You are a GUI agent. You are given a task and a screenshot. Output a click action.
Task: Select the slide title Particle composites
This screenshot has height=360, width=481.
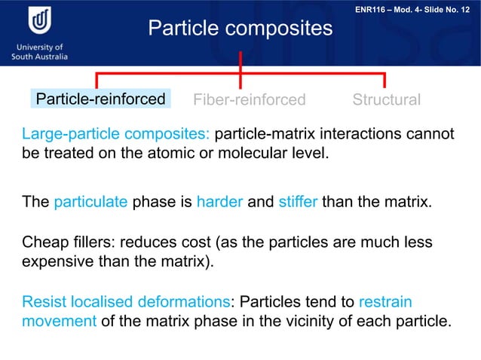coord(240,29)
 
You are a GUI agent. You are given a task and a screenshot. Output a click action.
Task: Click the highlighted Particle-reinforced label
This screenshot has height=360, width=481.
coord(101,99)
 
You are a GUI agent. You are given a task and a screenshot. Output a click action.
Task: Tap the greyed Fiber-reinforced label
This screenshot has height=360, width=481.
coord(250,100)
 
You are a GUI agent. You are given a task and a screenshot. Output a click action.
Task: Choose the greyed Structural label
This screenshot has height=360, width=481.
coord(386,100)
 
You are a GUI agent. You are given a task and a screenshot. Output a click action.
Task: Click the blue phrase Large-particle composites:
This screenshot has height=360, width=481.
coord(115,135)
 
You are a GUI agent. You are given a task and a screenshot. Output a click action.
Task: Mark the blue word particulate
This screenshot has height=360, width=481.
coord(91,202)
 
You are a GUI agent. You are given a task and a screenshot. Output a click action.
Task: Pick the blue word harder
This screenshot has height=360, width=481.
coord(219,202)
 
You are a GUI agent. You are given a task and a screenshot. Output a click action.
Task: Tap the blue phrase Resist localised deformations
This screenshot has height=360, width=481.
coord(125,302)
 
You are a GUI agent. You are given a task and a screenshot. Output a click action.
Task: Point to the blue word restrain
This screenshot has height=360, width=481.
coord(385,302)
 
